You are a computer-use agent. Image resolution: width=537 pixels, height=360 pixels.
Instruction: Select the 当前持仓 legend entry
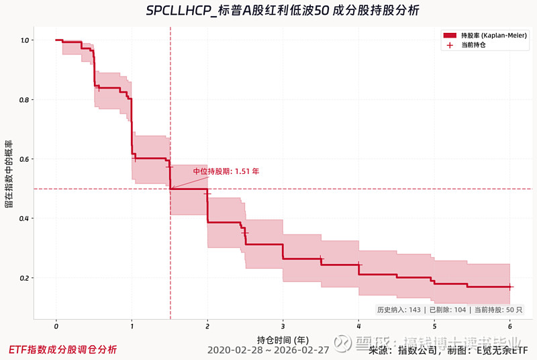[473, 45]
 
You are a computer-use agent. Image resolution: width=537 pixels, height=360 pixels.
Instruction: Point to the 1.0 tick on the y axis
[24, 40]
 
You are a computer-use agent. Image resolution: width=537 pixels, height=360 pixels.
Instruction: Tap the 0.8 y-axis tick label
[24, 100]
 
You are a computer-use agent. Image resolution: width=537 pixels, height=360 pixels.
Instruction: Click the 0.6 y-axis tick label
[24, 159]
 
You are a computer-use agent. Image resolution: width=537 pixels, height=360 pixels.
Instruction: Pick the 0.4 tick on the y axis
[24, 219]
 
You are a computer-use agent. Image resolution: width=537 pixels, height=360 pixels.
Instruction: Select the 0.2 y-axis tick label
[24, 278]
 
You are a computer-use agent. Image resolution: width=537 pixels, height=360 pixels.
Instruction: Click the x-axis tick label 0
[56, 326]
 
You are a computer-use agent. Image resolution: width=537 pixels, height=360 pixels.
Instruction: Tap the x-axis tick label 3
[283, 326]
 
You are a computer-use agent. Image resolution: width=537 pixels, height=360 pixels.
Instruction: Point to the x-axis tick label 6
[509, 326]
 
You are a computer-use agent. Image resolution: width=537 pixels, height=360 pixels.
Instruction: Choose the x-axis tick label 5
[434, 326]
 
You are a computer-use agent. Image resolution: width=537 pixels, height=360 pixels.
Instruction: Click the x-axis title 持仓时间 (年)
[283, 339]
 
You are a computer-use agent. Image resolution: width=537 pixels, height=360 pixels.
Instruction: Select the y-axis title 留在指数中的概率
[9, 174]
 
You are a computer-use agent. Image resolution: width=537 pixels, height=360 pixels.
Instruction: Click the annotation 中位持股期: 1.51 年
[226, 171]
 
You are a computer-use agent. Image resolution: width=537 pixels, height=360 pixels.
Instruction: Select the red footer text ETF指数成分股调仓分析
[62, 350]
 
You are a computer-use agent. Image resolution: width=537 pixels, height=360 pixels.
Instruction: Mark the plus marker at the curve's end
[509, 287]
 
